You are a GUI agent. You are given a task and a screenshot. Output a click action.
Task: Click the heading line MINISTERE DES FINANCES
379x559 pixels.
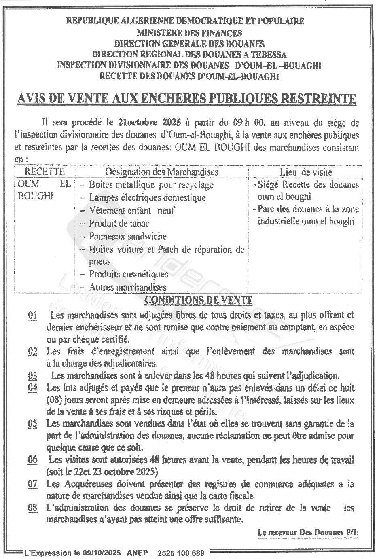(189, 33)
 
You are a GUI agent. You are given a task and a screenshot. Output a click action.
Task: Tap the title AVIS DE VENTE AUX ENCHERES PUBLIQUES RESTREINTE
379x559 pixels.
(186, 99)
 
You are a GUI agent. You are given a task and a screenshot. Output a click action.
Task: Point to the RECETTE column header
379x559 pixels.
(44, 172)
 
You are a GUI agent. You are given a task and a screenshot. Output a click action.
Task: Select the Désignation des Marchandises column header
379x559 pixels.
(162, 172)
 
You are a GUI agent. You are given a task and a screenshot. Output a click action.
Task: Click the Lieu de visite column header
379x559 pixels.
(306, 172)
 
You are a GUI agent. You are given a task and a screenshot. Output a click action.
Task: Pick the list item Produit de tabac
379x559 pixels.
(119, 223)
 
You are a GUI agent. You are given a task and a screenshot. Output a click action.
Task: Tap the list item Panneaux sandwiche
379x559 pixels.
(128, 236)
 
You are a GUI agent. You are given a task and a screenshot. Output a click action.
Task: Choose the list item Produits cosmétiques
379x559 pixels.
(129, 274)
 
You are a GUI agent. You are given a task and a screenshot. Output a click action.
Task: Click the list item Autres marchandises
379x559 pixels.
(128, 287)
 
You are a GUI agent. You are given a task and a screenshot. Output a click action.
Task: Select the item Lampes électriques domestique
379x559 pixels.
(147, 198)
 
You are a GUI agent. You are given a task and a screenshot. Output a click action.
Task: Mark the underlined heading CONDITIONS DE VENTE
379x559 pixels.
(198, 300)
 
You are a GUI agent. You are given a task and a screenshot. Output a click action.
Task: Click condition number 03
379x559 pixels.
(33, 376)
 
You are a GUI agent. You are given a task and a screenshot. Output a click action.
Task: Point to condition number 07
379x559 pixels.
(33, 484)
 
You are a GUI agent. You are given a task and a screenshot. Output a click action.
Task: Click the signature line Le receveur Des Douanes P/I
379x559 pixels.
(308, 532)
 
